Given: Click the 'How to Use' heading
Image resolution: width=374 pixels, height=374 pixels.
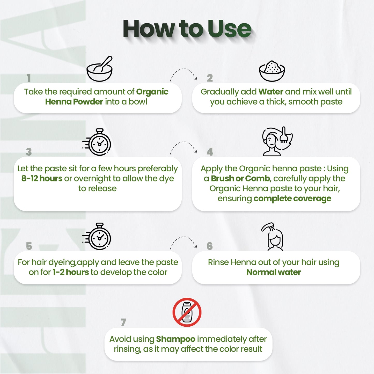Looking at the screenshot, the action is (x=187, y=29).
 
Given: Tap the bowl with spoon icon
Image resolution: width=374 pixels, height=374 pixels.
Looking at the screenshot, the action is (x=99, y=69).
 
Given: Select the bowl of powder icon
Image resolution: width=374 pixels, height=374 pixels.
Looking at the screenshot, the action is (x=272, y=71).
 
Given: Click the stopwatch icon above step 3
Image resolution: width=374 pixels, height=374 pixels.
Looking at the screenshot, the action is (x=97, y=142).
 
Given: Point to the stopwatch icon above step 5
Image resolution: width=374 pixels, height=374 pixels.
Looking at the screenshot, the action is (x=97, y=236).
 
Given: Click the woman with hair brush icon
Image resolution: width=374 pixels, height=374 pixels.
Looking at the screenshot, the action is (x=277, y=141).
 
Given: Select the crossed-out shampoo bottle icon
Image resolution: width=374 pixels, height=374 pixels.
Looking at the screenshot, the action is (x=187, y=312).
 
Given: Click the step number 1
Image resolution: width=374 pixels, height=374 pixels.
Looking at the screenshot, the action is (x=29, y=78).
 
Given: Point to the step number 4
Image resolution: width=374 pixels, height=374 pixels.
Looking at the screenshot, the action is (x=210, y=152).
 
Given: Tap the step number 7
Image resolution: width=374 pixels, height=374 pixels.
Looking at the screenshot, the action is (x=123, y=322).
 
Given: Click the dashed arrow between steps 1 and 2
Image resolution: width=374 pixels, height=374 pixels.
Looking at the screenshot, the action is (x=184, y=69).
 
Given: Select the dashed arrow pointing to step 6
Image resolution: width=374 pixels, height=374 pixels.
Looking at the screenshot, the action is (x=184, y=237).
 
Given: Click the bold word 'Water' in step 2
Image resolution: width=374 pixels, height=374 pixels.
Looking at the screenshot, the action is (x=271, y=92).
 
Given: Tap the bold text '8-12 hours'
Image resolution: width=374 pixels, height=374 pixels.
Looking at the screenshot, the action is (x=42, y=179).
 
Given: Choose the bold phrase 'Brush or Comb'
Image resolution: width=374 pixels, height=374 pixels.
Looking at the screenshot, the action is (x=240, y=179).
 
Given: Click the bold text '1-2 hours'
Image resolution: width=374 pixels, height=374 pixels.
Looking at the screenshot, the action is (x=71, y=272).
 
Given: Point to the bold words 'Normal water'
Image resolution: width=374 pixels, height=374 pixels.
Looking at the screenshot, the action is (x=274, y=272).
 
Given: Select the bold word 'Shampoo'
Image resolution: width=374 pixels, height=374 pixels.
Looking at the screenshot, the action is (x=176, y=339).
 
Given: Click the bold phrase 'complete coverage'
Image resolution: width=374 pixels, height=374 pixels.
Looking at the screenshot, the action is (x=292, y=199).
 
